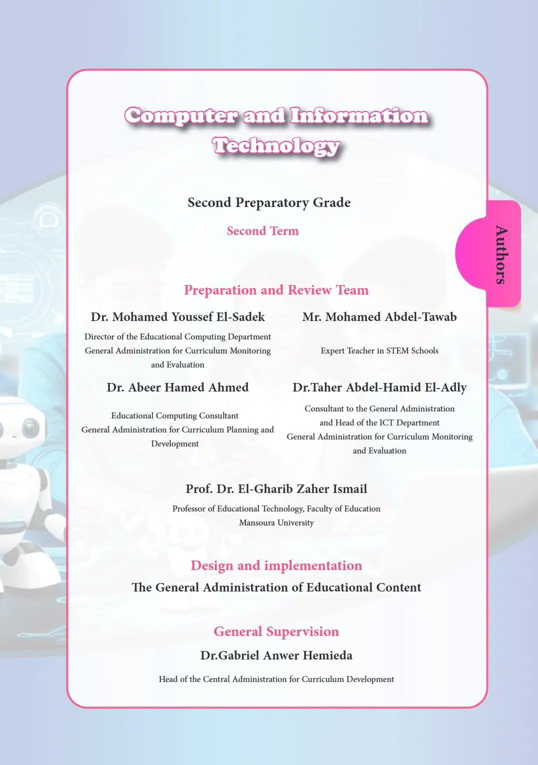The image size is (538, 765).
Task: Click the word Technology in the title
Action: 276,146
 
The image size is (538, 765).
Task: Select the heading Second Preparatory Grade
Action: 269,202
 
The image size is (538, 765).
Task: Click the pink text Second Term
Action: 263,231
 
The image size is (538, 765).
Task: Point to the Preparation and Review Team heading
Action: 276,290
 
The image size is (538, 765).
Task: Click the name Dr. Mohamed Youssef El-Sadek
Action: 178,317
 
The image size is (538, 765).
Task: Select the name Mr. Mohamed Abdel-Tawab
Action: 380,317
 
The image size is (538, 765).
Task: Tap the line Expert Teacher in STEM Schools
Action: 380,351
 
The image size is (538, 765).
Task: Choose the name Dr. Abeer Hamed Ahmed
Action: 177,387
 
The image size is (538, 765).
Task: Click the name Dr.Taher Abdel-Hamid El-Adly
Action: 380,387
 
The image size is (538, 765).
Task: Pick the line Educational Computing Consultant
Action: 175,416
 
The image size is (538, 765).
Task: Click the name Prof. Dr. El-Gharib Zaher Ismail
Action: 276,489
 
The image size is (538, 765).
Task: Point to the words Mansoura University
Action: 276,523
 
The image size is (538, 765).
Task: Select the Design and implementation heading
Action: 276,565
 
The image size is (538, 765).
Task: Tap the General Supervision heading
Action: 276,631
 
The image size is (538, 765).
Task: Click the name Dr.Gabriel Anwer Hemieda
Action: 276,655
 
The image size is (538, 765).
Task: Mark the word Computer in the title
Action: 181,116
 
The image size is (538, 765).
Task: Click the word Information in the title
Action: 359,116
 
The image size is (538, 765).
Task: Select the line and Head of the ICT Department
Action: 380,423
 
